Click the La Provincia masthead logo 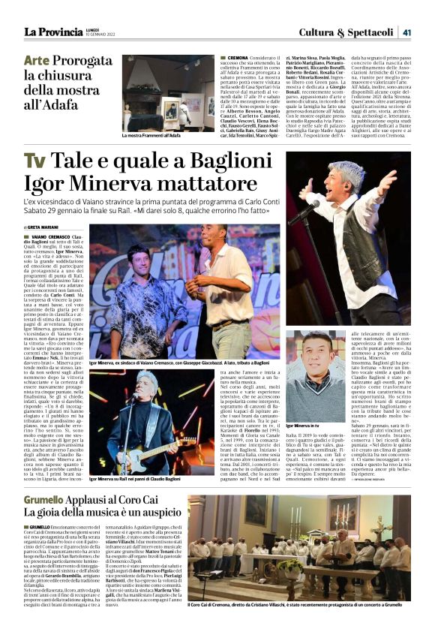(x=53, y=32)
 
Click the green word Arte (x=41, y=61)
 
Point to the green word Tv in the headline (x=34, y=162)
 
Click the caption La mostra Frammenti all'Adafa (x=151, y=136)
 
